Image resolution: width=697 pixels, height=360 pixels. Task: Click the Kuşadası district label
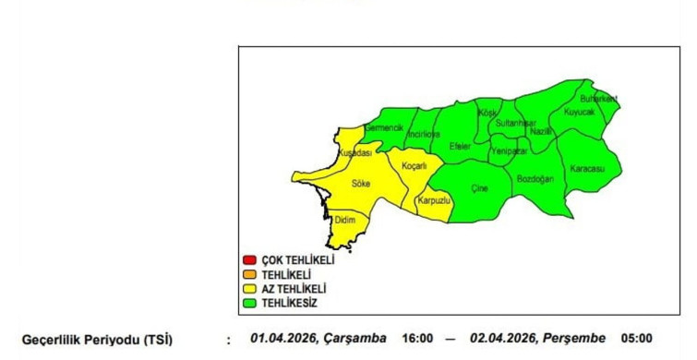coord(355,152)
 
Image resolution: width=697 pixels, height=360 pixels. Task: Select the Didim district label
coord(344,220)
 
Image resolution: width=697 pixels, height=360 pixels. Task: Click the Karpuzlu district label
coord(433,200)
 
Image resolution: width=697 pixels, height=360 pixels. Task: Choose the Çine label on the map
coord(479,189)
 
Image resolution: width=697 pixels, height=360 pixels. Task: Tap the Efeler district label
coord(459,147)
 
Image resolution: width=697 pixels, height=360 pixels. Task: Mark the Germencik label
coord(384,127)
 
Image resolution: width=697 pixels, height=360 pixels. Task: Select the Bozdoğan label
coord(535,178)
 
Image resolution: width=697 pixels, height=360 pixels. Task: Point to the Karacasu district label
coord(586,170)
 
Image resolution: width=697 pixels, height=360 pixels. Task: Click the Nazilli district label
coord(542,132)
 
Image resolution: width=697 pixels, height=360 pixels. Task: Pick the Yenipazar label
coord(510,150)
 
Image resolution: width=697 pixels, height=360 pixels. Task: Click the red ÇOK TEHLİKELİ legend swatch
coord(249,259)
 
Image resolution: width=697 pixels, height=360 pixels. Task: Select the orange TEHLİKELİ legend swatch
coord(249,274)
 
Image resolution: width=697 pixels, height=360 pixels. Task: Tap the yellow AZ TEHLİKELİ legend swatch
coord(249,288)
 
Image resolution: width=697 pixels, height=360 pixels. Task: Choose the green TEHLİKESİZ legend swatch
coord(249,302)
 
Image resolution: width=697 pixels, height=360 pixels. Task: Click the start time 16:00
coord(417,339)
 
